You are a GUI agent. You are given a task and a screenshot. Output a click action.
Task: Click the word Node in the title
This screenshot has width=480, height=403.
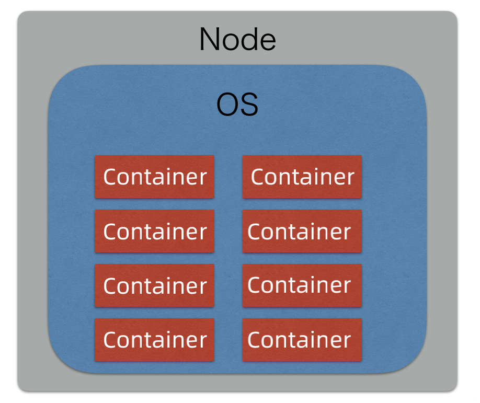(237, 40)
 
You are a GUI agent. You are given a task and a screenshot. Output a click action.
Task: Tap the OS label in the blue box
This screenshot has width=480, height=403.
(237, 105)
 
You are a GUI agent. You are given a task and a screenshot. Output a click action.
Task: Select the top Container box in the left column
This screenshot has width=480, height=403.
(154, 177)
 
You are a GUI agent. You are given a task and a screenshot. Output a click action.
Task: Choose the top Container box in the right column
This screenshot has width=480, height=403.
(302, 177)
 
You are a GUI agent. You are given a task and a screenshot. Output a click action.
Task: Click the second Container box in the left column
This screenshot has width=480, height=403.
(154, 231)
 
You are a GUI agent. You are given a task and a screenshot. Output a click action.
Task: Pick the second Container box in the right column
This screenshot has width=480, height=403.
(302, 231)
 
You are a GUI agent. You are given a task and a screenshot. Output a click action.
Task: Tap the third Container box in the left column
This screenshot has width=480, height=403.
(154, 285)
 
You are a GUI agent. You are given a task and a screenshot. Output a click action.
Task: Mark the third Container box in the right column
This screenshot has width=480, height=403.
(302, 285)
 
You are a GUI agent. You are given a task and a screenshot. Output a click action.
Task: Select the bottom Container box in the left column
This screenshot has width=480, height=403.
(154, 340)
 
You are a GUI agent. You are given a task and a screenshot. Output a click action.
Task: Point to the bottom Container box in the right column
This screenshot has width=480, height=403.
(302, 340)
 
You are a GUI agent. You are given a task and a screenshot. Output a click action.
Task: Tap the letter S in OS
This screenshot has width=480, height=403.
(249, 106)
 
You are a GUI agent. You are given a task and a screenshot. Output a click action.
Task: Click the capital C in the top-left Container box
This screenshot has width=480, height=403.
(110, 177)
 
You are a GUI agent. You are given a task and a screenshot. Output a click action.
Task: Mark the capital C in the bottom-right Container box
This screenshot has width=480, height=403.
(255, 340)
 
